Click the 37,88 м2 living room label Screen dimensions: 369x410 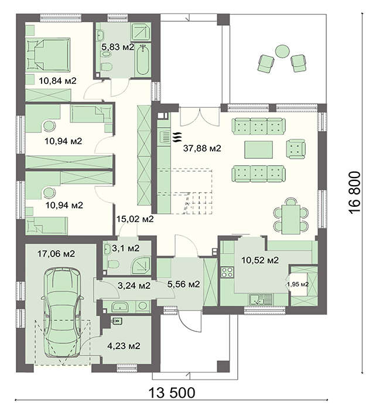click(x=202, y=149)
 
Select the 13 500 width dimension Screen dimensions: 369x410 click(x=172, y=392)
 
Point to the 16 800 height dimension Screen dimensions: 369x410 click(x=354, y=193)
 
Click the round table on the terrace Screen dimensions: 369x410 click(x=282, y=52)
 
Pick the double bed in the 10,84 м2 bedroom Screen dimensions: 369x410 click(x=48, y=54)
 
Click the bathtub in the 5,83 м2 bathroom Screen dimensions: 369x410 click(x=143, y=61)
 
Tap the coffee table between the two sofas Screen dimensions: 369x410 click(x=258, y=149)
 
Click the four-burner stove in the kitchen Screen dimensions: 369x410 click(x=227, y=272)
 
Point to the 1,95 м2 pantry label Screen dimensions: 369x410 click(x=298, y=285)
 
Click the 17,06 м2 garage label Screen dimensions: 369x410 click(x=56, y=254)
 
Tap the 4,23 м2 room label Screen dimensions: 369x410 click(x=124, y=346)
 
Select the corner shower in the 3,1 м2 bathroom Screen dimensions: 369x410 click(x=141, y=265)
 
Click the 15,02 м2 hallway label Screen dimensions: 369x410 click(x=135, y=219)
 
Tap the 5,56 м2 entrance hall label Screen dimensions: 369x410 click(x=183, y=284)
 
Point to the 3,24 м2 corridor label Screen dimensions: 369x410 click(x=134, y=286)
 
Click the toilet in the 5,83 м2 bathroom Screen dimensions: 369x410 click(x=107, y=66)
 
